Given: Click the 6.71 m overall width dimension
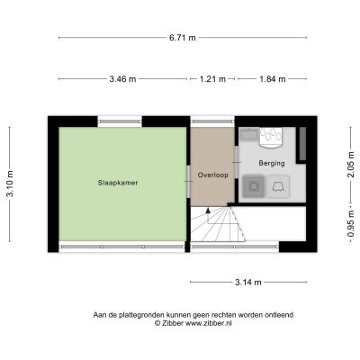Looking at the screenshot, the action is (x=183, y=38).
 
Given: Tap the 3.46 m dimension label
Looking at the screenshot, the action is (x=122, y=79).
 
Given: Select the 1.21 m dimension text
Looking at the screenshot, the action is (x=212, y=79).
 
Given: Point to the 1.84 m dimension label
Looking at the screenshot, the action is (x=273, y=79).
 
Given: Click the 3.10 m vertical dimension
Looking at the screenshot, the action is (x=10, y=184).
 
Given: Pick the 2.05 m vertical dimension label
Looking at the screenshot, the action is (x=351, y=164).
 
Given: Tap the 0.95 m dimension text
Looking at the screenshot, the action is (x=351, y=224).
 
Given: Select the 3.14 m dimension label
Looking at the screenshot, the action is (x=248, y=282).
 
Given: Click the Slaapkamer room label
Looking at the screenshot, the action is (x=118, y=183).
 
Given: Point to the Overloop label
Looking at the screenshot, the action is (x=212, y=175).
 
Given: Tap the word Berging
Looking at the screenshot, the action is (x=272, y=163).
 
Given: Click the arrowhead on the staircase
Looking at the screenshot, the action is (x=208, y=211).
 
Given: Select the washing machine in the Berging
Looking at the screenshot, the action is (x=254, y=186).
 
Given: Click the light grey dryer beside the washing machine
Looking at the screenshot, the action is (x=278, y=187).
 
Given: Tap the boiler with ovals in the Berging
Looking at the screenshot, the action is (x=271, y=138).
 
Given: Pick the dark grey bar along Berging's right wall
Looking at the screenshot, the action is (x=302, y=144).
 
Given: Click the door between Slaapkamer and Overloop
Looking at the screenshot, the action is (x=188, y=181).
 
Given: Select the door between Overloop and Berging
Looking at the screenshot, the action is (x=237, y=162).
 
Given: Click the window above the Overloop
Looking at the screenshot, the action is (x=212, y=121).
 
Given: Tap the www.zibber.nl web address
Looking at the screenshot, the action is (x=209, y=323).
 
